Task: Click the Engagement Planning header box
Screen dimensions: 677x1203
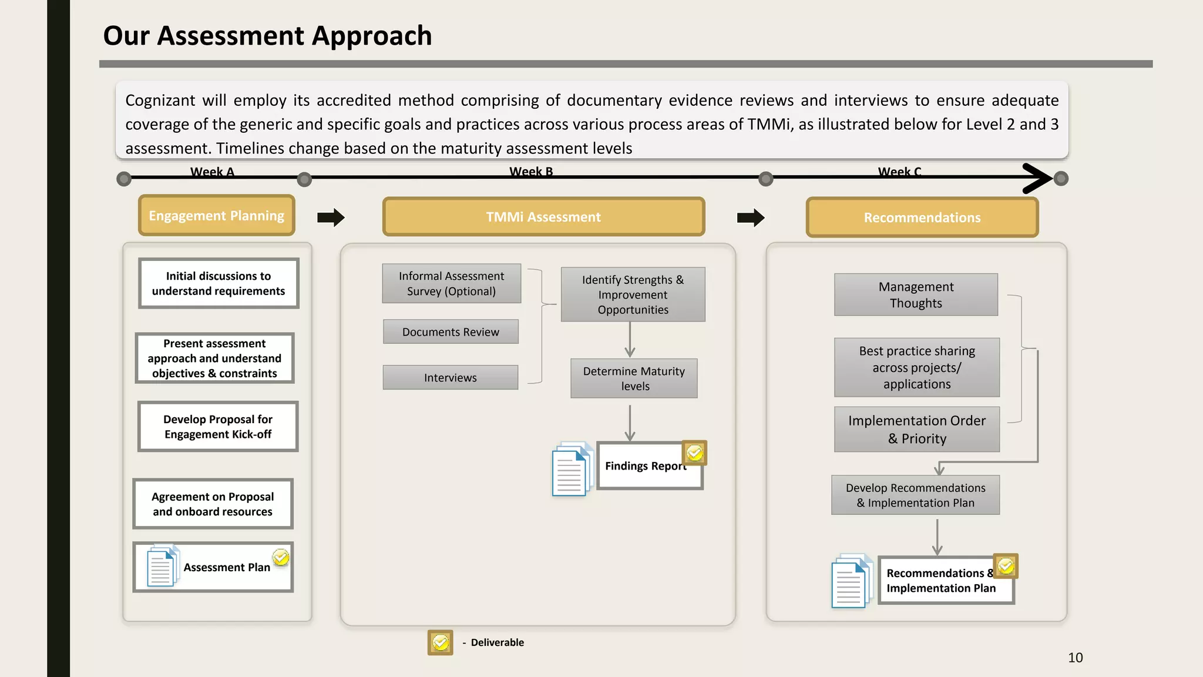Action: tap(216, 216)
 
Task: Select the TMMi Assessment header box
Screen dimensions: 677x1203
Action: tap(543, 217)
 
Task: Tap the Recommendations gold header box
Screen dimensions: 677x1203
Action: tap(922, 217)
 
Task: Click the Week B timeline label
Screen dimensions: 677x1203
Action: tap(531, 172)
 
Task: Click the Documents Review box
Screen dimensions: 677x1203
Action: tap(451, 332)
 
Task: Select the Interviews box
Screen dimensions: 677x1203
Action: tap(451, 378)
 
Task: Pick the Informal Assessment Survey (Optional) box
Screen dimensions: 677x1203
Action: tap(451, 283)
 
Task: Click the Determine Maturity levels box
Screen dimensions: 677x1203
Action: tap(634, 378)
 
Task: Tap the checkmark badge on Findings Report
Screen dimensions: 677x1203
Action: tap(694, 453)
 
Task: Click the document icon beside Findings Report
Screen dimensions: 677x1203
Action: tap(570, 470)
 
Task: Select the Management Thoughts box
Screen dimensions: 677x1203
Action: tap(916, 295)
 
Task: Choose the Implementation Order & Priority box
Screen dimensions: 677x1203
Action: tap(916, 430)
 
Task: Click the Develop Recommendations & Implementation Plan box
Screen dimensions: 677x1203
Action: tap(915, 495)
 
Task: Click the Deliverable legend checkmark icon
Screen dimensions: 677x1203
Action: tap(440, 642)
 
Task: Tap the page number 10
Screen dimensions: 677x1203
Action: tap(1075, 658)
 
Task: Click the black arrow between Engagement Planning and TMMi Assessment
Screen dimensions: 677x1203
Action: tap(331, 217)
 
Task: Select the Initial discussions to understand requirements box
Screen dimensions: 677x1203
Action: tap(219, 283)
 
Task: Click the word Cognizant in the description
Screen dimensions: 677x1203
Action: tap(160, 100)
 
